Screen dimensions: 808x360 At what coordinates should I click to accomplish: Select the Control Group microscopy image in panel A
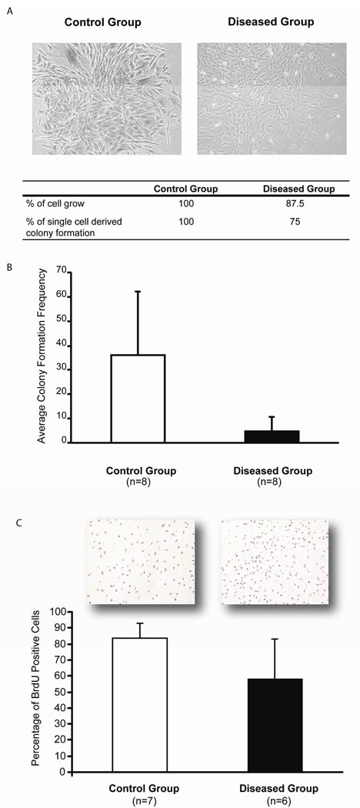coord(107,98)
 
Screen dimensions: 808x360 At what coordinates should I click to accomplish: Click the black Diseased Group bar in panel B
coord(272,436)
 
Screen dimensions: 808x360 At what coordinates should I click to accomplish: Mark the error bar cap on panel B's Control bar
coord(138,292)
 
